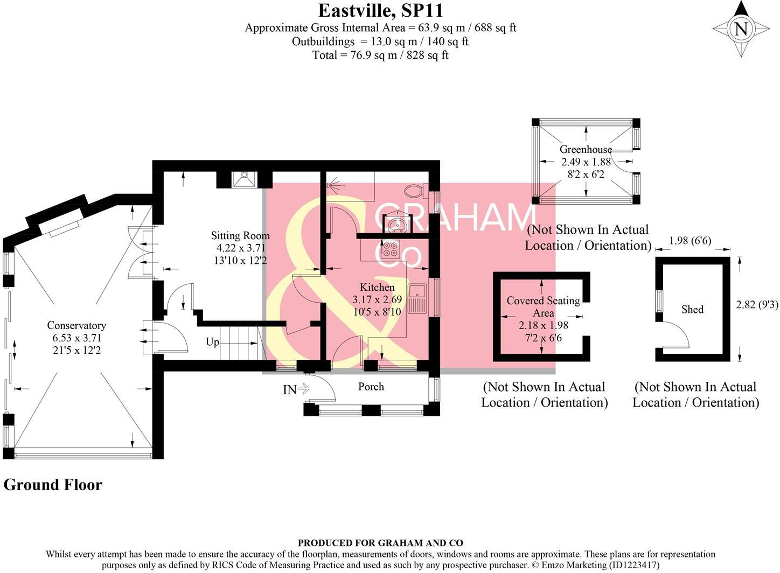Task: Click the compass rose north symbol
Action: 741,29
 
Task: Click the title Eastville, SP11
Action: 380,10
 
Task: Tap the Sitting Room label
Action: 240,235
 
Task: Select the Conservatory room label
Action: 76,325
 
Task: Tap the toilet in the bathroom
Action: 416,190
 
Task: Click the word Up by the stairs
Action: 213,342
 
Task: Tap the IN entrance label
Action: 290,389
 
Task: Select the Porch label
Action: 371,386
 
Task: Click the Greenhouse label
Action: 586,149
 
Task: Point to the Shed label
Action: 692,309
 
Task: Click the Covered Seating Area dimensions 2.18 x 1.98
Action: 543,325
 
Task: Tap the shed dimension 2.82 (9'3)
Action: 757,304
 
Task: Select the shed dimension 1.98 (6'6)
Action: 690,241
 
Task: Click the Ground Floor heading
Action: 53,485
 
